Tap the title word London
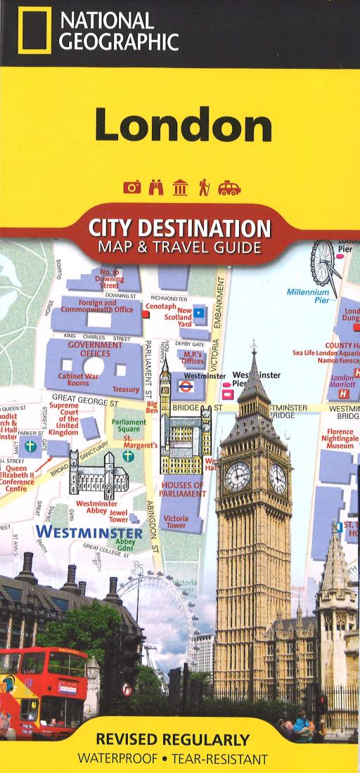[184, 126]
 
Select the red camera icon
[131, 188]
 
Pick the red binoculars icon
[157, 188]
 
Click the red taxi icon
[229, 188]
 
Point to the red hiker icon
[205, 188]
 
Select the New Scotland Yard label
[184, 317]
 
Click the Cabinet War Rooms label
[73, 379]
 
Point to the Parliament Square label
[127, 426]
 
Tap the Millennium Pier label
[307, 295]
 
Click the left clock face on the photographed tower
[237, 476]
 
